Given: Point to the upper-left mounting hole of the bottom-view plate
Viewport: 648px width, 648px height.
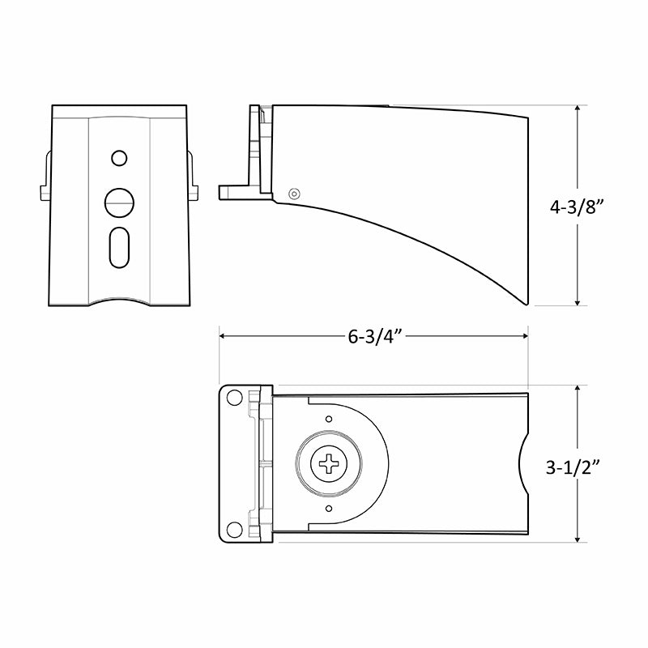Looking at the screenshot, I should click(x=234, y=399).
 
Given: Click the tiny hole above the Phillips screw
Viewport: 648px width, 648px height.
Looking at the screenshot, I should click(x=329, y=419).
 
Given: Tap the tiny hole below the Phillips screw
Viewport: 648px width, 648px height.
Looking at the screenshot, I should click(x=329, y=509).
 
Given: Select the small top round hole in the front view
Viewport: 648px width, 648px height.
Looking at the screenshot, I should click(x=119, y=156).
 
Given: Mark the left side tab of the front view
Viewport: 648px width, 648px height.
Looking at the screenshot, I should click(x=45, y=192).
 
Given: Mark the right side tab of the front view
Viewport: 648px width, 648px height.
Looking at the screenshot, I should click(x=192, y=192).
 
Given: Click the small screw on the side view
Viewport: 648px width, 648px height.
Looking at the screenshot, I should click(x=294, y=193).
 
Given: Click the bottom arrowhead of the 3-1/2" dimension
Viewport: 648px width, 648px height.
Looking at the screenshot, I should click(x=578, y=537).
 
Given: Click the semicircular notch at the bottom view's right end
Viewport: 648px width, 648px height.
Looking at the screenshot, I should click(x=523, y=464).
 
